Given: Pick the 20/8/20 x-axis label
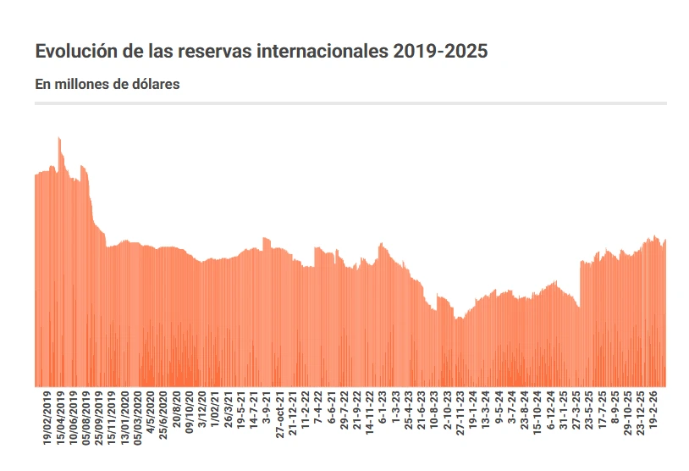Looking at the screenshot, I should pos(176,410).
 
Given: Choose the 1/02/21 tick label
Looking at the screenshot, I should pos(215,410).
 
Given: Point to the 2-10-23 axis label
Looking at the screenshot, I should pos(447,410).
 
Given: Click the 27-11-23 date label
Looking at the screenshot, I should pos(460,413).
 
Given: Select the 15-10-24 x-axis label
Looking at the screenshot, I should pos(537,413).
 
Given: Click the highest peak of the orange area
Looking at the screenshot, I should pos(58,137).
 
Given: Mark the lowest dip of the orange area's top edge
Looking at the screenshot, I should pos(458,319).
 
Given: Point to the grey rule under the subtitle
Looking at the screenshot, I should pos(350,103).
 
